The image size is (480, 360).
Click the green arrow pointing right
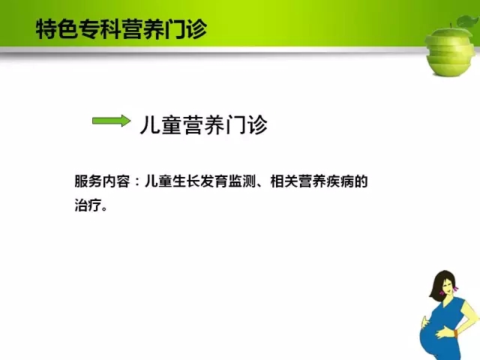pyautogui.click(x=112, y=121)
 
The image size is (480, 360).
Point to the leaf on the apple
pyautogui.click(x=468, y=22)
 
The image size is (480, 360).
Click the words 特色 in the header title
pyautogui.click(x=57, y=29)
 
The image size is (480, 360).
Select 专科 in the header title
pyautogui.click(x=100, y=29)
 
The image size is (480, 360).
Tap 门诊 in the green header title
pyautogui.click(x=186, y=29)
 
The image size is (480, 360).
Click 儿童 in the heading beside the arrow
pyautogui.click(x=161, y=124)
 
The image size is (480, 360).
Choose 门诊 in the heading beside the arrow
pyautogui.click(x=247, y=124)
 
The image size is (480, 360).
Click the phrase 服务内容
pyautogui.click(x=102, y=181)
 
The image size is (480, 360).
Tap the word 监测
pyautogui.click(x=242, y=181)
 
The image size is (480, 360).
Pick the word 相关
pyautogui.click(x=284, y=181)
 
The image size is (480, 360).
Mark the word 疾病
pyautogui.click(x=340, y=181)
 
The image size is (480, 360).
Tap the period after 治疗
pyautogui.click(x=105, y=209)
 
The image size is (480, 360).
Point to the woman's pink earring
pyautogui.click(x=456, y=288)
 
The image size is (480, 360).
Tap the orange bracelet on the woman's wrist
pyautogui.click(x=456, y=333)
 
